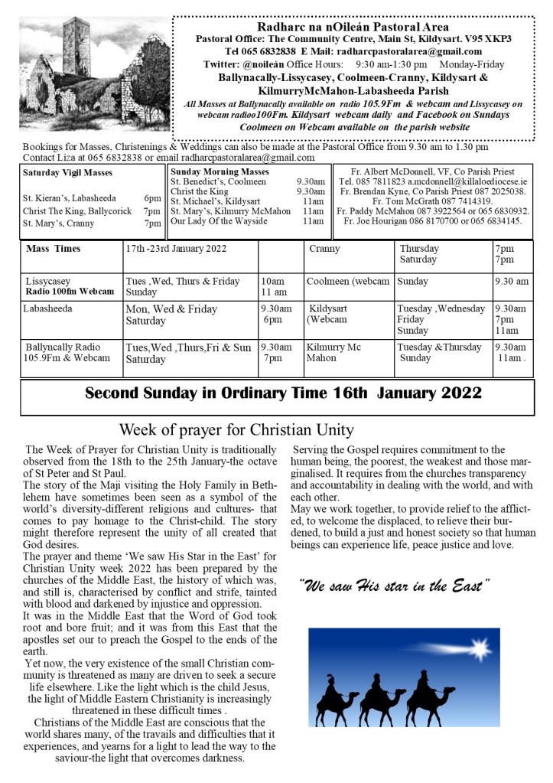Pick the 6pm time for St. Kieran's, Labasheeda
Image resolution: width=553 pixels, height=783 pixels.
[152, 197]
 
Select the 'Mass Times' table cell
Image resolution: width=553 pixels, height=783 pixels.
[53, 249]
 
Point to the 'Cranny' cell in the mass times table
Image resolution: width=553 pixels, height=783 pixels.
[324, 249]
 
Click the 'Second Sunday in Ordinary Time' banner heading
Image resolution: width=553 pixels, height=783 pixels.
[283, 393]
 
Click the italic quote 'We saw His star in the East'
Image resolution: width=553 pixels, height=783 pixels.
[394, 587]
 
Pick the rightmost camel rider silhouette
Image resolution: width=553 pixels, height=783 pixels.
[426, 687]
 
